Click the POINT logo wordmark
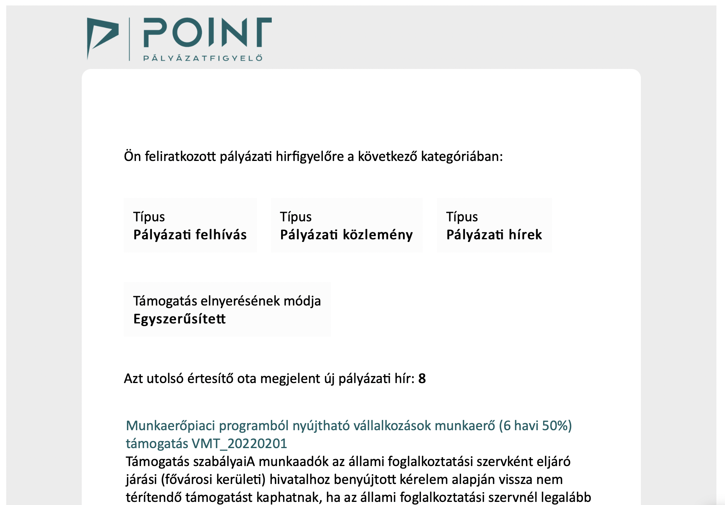(207, 32)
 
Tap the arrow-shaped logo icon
(102, 37)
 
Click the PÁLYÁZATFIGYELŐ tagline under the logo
(203, 58)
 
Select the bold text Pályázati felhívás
(190, 235)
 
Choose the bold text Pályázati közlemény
(346, 235)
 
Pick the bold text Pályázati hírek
(494, 235)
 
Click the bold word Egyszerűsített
(179, 319)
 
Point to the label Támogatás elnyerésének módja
(227, 301)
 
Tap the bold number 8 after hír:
(422, 378)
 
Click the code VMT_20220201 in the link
(239, 443)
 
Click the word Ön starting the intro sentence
(132, 156)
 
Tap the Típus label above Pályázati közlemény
(296, 217)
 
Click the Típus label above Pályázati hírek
(462, 217)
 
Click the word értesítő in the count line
(210, 378)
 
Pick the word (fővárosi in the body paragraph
(187, 479)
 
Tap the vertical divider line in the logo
(129, 39)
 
